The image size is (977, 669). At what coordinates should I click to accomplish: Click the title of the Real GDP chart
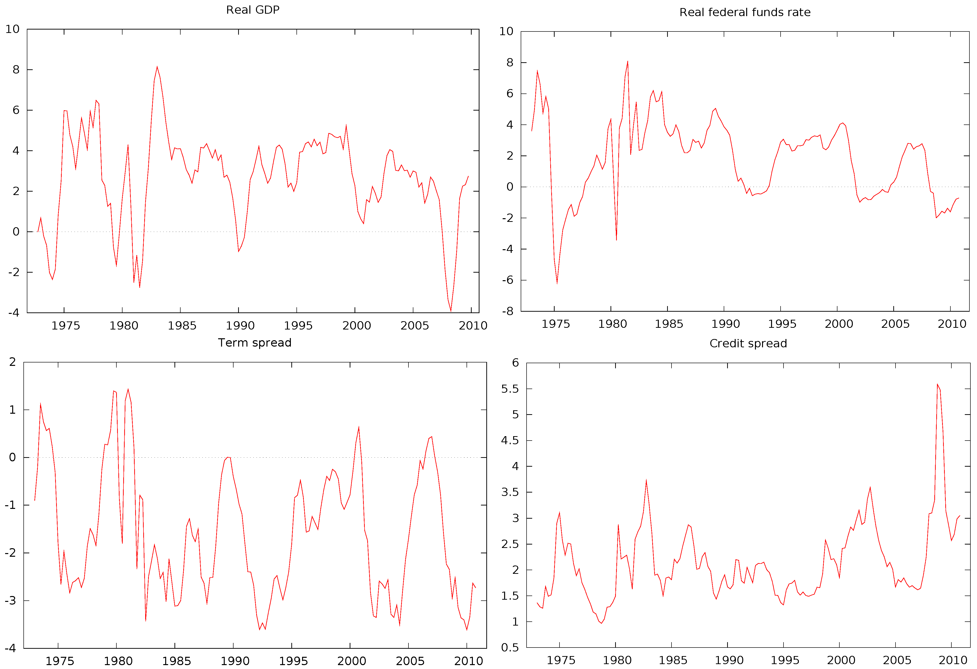[253, 10]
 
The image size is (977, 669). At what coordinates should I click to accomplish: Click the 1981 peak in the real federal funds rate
[628, 62]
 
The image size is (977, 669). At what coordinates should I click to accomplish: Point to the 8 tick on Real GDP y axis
[16, 70]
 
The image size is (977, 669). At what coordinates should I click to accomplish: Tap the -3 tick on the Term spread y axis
[10, 600]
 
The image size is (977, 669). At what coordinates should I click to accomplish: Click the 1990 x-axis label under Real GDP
[240, 325]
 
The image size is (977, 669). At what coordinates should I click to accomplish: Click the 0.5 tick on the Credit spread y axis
[509, 648]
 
